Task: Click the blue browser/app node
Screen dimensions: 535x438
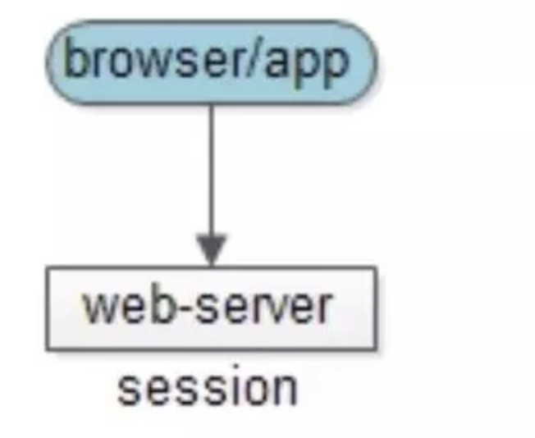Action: point(212,62)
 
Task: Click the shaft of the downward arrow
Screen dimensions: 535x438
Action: point(212,170)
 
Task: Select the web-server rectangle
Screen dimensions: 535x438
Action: point(212,308)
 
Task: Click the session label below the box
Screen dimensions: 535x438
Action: point(208,386)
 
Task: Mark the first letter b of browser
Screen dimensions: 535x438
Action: point(75,58)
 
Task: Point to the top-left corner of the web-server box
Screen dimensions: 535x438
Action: point(47,267)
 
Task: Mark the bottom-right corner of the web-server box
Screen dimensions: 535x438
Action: point(377,350)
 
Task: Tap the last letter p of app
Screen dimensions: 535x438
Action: point(336,67)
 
